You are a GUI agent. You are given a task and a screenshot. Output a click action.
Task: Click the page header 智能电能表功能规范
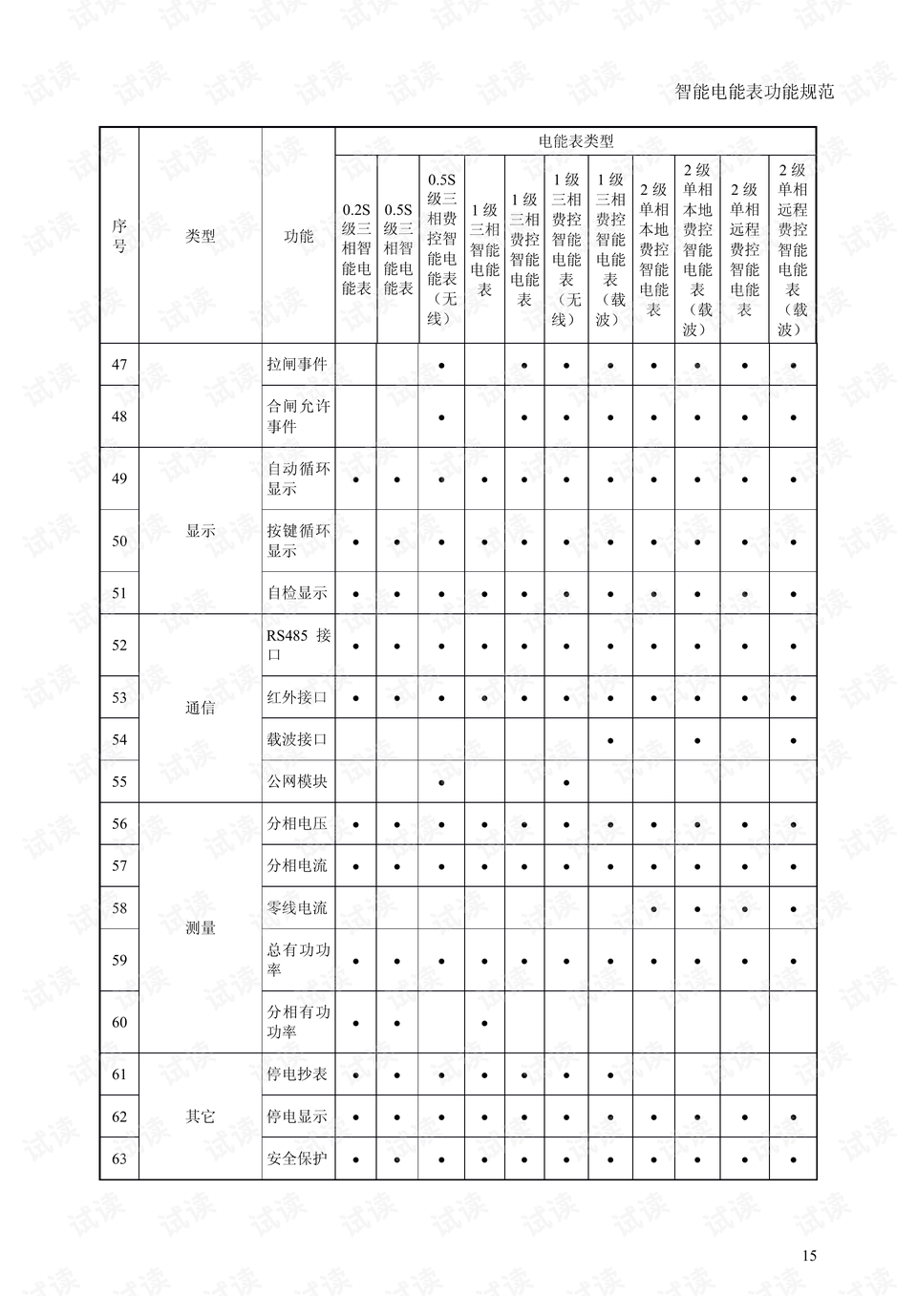coord(754,92)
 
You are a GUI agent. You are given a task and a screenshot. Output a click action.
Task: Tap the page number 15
coord(809,1255)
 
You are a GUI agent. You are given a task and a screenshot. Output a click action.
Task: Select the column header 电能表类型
coord(575,141)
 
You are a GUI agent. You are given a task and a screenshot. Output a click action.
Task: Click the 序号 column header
coord(119,236)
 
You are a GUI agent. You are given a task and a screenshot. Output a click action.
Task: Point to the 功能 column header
coord(298,236)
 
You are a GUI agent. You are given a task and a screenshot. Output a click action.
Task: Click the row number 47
coord(119,364)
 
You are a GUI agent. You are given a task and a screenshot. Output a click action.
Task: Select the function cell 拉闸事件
coord(297,364)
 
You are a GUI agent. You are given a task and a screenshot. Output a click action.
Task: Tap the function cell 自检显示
coord(297,592)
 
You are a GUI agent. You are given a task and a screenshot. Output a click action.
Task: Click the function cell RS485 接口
coord(298,645)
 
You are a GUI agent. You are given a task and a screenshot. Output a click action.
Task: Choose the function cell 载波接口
coord(297,739)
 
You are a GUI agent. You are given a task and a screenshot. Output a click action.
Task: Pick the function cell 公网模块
coord(297,781)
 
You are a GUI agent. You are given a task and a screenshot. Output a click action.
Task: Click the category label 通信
coord(201,708)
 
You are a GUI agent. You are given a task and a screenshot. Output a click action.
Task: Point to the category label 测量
coord(201,927)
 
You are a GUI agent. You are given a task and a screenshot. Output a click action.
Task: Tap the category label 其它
coord(201,1116)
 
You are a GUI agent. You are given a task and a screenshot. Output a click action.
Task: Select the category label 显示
coord(201,531)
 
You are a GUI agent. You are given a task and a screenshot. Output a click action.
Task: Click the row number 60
coord(119,1022)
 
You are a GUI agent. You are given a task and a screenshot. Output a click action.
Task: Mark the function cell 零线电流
coord(297,907)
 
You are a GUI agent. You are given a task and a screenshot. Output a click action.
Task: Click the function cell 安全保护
coord(297,1158)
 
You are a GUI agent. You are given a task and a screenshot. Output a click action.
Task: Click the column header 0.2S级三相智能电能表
coord(356,248)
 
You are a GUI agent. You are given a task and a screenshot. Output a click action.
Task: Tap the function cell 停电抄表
coord(297,1074)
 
